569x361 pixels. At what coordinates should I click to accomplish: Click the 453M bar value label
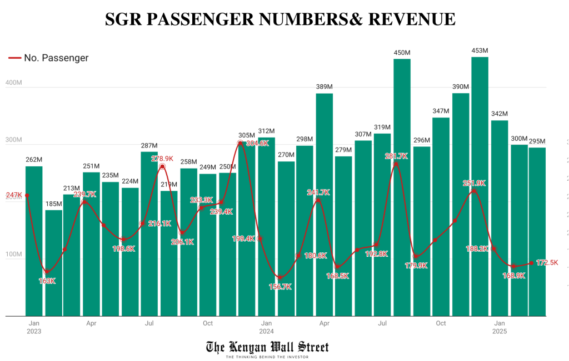coord(480,51)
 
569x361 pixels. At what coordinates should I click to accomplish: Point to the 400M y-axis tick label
coord(13,83)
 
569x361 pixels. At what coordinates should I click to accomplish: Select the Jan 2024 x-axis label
coord(266,327)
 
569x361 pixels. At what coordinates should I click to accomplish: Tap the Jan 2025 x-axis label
coord(500,327)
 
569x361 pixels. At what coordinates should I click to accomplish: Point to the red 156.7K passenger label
coord(280,287)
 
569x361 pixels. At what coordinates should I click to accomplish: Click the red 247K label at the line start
coord(13,195)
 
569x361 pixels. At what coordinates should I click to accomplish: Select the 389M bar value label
coord(325,87)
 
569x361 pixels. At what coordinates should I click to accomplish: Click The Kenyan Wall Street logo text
coord(267,348)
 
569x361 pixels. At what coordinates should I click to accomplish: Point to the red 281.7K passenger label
coord(396,156)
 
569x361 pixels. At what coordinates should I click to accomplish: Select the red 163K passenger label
coord(47,281)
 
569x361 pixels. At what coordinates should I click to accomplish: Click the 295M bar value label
coord(537,141)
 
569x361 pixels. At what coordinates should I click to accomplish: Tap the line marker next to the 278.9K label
coord(162,166)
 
